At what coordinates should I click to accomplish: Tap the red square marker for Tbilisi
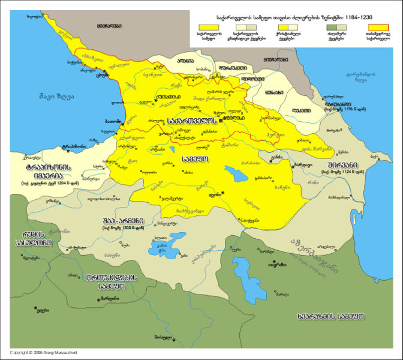coord(221,121)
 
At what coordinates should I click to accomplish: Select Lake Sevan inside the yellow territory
coord(231,173)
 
